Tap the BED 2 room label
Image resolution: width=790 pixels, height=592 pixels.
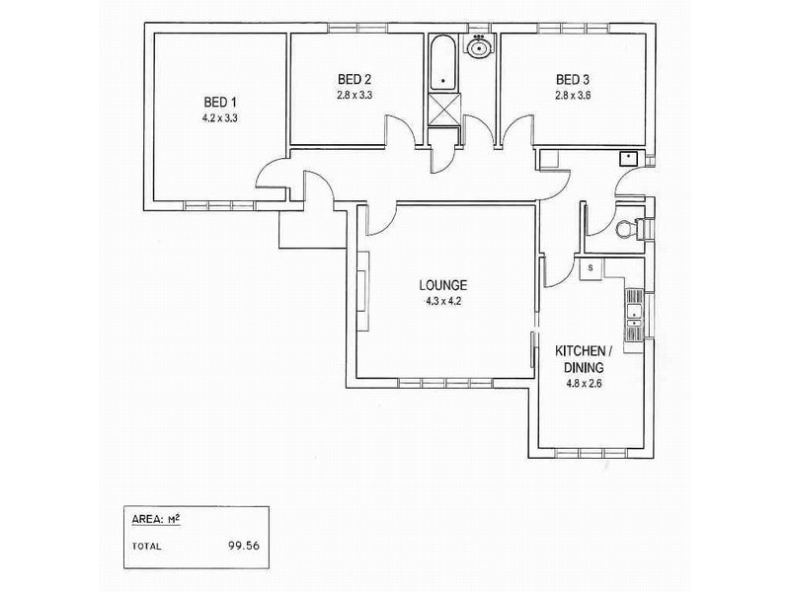354,80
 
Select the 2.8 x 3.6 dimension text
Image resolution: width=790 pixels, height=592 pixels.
572,96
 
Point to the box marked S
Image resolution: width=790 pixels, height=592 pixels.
590,267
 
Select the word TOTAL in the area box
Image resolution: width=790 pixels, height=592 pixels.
145,545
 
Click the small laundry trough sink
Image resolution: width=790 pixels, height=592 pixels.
626,157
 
